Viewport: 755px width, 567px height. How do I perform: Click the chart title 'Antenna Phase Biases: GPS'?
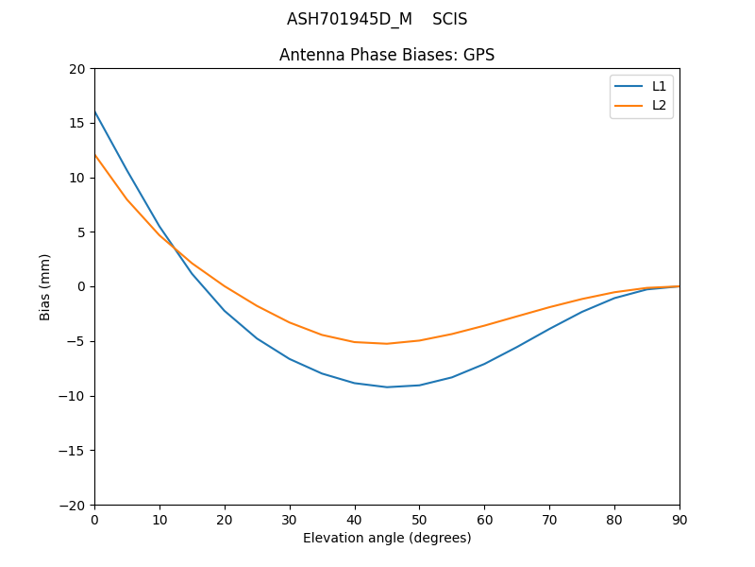coord(387,55)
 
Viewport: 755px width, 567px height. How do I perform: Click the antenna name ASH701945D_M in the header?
coord(349,19)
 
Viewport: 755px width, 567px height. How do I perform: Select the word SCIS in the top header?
coord(450,19)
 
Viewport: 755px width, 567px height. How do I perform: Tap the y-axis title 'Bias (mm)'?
coord(45,286)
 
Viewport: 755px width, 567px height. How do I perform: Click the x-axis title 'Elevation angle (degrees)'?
coord(387,538)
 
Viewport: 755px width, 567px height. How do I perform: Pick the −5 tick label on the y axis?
coord(73,341)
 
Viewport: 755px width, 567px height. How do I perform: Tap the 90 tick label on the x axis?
coord(679,519)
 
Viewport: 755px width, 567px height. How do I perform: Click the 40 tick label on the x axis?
coord(355,519)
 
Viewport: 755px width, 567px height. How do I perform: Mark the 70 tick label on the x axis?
coord(549,519)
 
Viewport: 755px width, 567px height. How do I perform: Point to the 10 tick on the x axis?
coord(159,519)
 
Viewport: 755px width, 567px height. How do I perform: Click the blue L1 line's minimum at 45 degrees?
coord(387,387)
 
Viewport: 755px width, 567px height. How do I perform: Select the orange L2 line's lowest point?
coord(387,343)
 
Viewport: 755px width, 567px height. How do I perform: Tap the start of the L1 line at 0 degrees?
coord(95,112)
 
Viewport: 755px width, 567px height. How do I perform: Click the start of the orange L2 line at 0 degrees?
coord(95,155)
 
